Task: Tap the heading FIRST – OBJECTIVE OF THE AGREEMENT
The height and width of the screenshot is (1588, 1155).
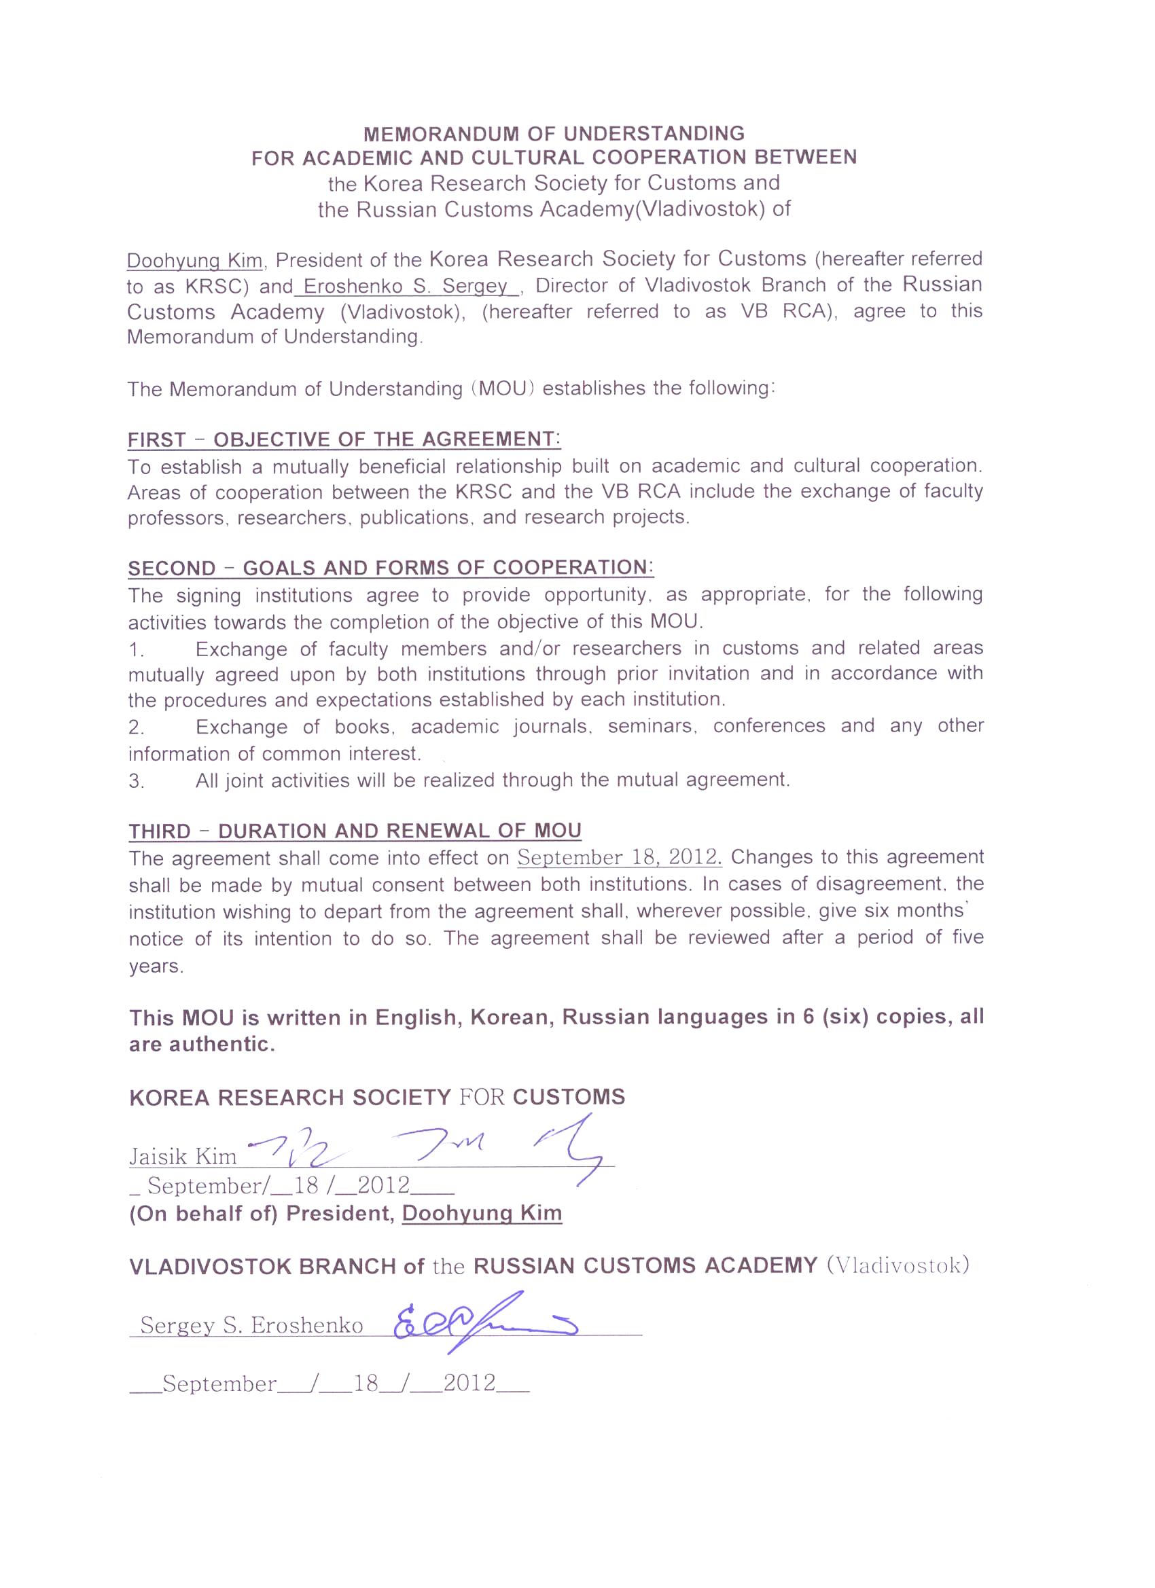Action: coord(344,439)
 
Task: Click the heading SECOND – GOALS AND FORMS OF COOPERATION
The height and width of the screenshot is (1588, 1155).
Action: coord(390,568)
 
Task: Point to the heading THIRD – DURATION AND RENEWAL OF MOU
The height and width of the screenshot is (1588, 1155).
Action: coord(355,831)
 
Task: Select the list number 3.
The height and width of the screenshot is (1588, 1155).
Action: coord(137,781)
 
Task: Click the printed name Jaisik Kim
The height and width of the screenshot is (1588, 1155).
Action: coord(183,1156)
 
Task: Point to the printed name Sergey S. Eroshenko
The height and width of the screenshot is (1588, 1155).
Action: coord(251,1324)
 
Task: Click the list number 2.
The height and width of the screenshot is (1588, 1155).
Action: coord(137,728)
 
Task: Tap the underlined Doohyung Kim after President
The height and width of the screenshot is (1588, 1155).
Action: coord(482,1213)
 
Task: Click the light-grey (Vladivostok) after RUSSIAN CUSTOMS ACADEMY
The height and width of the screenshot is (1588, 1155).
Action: coord(898,1266)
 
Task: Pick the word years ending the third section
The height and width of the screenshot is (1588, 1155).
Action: coord(156,967)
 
